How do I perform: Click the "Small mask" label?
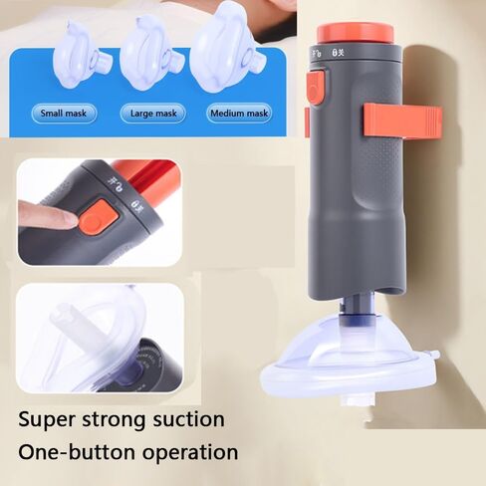[x=64, y=114]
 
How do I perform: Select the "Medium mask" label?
[x=239, y=114]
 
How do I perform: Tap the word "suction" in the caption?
[x=187, y=419]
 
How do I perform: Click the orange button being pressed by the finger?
[x=96, y=216]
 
